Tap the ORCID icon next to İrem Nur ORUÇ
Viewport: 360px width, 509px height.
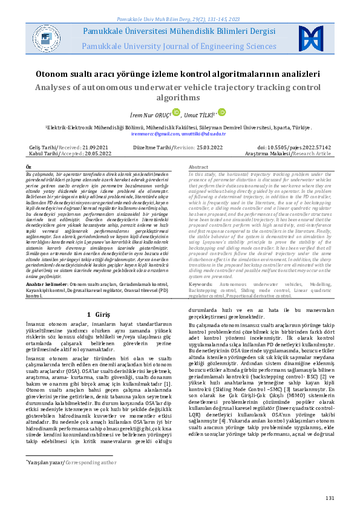point(159,112)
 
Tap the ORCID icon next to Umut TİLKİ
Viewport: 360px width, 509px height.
point(221,112)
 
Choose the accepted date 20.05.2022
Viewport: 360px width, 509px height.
point(95,154)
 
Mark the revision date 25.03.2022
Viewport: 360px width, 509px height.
point(211,148)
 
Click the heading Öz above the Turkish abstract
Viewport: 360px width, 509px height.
point(28,166)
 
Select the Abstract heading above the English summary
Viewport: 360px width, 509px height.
point(199,166)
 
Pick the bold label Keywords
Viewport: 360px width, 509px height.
point(201,284)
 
